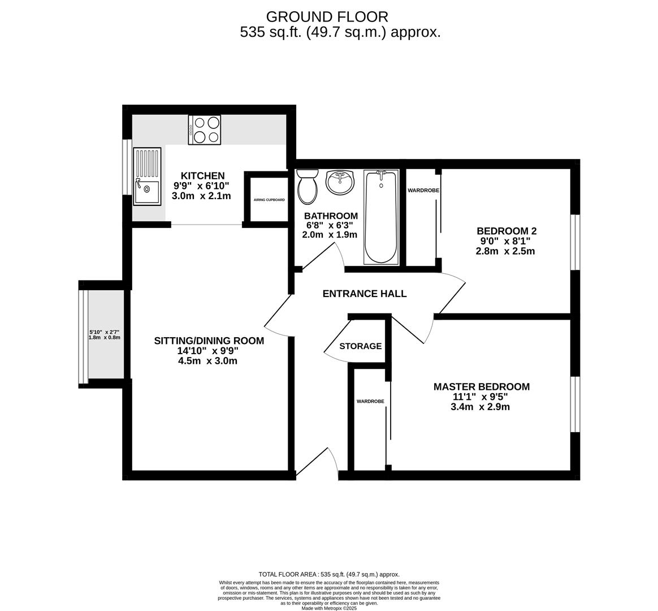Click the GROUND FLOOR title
point(327,16)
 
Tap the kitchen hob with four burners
point(204,130)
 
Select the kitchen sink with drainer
point(147,176)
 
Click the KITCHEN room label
point(202,176)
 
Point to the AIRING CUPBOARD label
point(269,200)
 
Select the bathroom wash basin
point(340,182)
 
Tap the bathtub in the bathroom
point(381,217)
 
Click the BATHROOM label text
point(331,216)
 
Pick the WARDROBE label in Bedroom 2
point(423,191)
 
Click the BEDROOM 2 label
point(506,231)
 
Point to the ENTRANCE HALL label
point(365,294)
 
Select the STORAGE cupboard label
point(360,346)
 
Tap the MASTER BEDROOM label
point(481,387)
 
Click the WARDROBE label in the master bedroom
point(370,401)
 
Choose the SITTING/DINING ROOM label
point(209,341)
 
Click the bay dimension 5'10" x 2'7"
point(105,332)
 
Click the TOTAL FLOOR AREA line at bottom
point(328,574)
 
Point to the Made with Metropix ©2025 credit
point(328,608)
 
